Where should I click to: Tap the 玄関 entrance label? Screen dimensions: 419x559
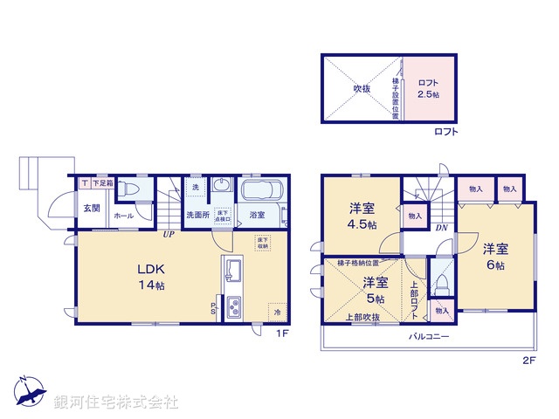[x=91, y=209]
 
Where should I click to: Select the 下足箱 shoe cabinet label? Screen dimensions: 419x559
[x=102, y=183]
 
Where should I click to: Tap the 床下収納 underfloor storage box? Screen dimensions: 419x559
[x=263, y=243]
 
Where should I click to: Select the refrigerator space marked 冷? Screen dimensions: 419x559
[x=277, y=312]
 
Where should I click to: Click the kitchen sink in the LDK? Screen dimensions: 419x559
[x=234, y=270]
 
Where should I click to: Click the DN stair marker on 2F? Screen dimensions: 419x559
[x=442, y=228]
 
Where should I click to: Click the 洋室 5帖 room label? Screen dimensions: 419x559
[x=376, y=290]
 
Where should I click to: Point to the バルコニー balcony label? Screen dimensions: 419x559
[x=427, y=336]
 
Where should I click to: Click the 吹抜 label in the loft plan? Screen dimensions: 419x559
[x=362, y=88]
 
